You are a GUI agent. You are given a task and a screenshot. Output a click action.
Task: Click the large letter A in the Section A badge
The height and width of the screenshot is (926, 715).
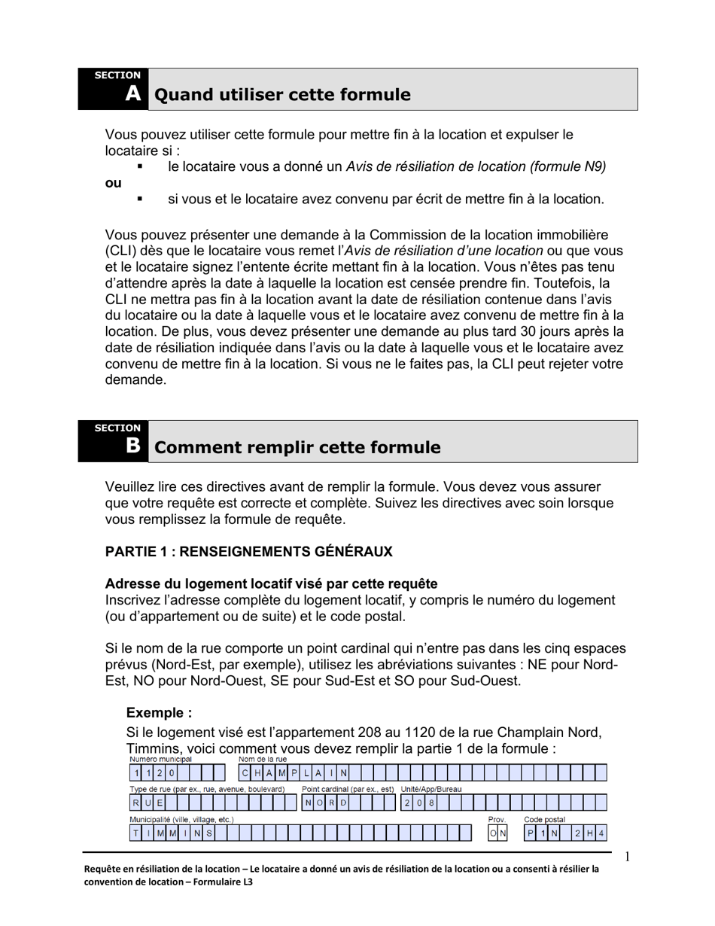click(x=132, y=93)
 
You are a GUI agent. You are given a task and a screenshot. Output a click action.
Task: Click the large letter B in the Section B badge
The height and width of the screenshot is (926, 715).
click(x=132, y=446)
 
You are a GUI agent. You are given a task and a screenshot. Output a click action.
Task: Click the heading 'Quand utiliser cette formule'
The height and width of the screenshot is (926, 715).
click(x=282, y=95)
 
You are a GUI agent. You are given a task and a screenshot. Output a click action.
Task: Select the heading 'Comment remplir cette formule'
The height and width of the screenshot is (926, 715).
click(x=297, y=447)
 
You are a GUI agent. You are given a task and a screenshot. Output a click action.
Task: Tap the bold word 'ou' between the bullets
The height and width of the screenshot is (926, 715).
click(x=113, y=183)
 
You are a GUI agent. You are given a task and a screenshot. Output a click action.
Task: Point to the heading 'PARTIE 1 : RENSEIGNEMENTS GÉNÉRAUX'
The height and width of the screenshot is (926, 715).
click(x=248, y=552)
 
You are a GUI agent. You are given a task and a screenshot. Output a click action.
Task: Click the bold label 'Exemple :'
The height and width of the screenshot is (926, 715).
click(x=159, y=713)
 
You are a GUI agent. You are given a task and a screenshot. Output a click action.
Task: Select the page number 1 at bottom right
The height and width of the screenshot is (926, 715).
click(x=627, y=856)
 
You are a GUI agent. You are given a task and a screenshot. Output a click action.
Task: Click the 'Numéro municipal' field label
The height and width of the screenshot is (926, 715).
click(x=160, y=760)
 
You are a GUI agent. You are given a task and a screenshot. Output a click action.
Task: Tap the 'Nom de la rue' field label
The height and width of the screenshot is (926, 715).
click(x=263, y=760)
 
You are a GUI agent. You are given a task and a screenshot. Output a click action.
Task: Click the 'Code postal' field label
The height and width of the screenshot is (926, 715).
click(x=544, y=819)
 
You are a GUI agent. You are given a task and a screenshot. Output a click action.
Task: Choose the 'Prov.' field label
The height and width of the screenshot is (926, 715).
click(x=497, y=819)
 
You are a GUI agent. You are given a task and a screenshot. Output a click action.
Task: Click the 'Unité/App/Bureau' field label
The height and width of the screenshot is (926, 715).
click(x=431, y=789)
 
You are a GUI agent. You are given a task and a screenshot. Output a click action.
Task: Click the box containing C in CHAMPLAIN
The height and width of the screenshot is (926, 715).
click(x=245, y=773)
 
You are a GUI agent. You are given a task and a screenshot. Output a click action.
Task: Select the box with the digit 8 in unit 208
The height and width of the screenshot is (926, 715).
click(x=431, y=803)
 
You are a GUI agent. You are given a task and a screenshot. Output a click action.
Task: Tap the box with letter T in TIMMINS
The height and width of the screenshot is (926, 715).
click(x=136, y=833)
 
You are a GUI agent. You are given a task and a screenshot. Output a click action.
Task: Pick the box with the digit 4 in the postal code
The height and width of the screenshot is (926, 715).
click(x=601, y=833)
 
